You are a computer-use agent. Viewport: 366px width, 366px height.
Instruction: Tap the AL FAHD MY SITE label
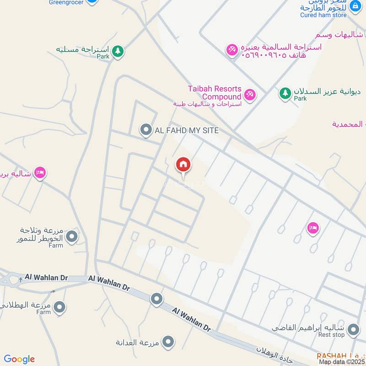(x=187, y=130)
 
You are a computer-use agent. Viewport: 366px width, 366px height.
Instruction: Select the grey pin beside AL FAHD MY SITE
(x=146, y=130)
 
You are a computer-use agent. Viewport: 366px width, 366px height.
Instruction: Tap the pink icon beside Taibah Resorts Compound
(x=249, y=95)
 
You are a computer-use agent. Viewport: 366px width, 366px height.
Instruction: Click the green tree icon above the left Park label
(x=118, y=51)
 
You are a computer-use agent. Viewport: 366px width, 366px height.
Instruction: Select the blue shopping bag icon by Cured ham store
(x=355, y=6)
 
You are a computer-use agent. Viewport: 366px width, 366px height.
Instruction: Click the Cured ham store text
(x=323, y=15)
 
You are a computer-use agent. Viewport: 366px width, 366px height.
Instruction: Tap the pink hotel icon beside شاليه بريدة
(x=40, y=173)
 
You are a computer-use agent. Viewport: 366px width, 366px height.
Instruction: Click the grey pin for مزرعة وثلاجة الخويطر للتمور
(x=72, y=237)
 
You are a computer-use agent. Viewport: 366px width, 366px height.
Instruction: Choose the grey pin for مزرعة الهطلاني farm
(x=59, y=307)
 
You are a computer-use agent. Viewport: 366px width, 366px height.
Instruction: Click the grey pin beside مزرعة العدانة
(x=168, y=341)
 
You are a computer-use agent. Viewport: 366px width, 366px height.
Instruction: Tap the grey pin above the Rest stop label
(x=353, y=329)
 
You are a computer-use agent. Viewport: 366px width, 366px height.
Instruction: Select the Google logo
(x=19, y=359)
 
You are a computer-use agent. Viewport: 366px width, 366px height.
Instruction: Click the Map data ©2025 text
(x=342, y=362)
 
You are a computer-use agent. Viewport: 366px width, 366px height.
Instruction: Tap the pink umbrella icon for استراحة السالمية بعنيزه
(x=232, y=48)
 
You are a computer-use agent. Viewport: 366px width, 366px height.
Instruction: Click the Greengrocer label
(x=67, y=2)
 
